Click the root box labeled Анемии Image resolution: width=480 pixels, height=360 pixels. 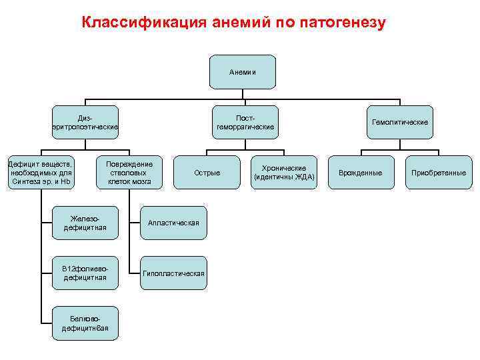[243, 72]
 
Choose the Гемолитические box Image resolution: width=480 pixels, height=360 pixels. [399, 122]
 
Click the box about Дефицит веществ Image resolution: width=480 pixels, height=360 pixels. [40, 173]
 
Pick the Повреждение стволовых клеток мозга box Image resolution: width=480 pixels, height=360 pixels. [129, 173]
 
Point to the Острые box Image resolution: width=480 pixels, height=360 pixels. [207, 173]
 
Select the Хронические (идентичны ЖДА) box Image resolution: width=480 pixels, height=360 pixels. [284, 173]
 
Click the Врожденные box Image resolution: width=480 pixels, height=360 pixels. [361, 173]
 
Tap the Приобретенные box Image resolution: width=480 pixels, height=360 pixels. [439, 173]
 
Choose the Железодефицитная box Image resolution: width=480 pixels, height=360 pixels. [85, 223]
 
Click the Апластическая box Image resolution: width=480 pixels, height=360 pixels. [173, 223]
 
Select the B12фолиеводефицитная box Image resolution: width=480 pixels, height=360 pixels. [85, 273]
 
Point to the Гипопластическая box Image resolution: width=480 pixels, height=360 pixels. [173, 273]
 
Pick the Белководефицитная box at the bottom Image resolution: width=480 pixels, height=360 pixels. [85, 323]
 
